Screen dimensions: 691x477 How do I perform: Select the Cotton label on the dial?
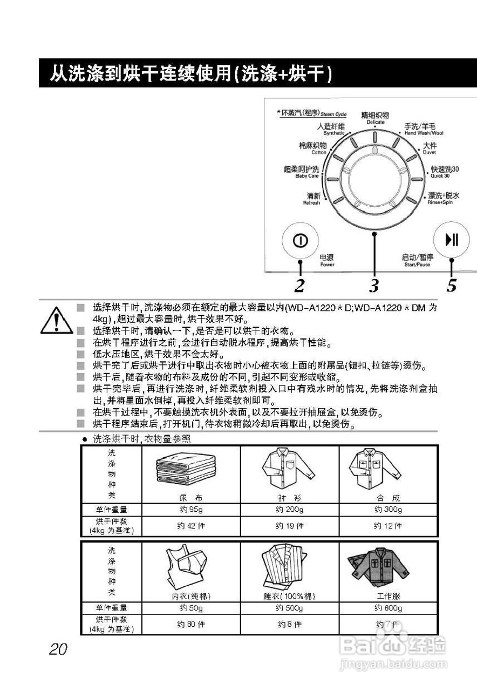point(312,148)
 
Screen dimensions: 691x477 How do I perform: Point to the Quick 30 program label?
point(444,172)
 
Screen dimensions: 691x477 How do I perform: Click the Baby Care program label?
point(302,172)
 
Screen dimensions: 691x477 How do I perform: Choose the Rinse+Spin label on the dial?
point(444,198)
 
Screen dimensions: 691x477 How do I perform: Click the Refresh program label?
point(312,198)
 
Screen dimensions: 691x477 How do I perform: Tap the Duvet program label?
point(430,148)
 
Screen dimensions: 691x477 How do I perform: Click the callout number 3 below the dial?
point(374,284)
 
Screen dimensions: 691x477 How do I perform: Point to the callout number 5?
point(451,284)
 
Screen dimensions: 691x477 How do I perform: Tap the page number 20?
point(58,649)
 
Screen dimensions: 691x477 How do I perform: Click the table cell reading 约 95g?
point(190,510)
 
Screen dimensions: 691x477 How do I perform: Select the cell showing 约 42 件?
point(190,525)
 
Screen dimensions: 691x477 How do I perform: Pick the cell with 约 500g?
point(290,608)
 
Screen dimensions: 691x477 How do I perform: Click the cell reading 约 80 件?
point(190,625)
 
